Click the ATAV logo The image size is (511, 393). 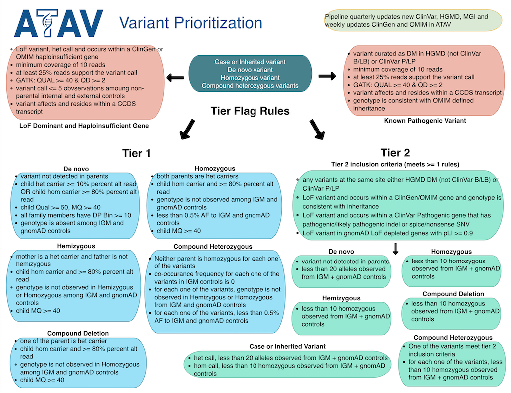(x=59, y=24)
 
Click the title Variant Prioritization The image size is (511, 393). (x=190, y=23)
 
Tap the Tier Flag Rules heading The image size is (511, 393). (x=250, y=111)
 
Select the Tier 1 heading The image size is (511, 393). (x=136, y=153)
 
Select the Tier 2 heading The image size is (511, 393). (x=395, y=152)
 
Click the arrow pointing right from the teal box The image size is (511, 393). (x=327, y=76)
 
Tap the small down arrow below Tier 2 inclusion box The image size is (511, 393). (x=395, y=248)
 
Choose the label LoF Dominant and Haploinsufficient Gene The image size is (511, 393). (x=84, y=126)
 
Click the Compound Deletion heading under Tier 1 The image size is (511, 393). (x=78, y=333)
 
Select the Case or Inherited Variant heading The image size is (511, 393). (x=287, y=346)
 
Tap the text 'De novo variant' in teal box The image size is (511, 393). (x=250, y=70)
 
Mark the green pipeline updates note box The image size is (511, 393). (x=412, y=20)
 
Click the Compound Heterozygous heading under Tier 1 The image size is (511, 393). (x=213, y=246)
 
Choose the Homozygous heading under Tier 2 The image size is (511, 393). (x=451, y=252)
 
